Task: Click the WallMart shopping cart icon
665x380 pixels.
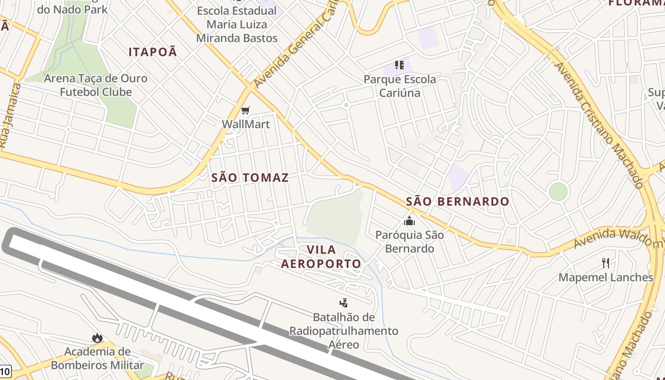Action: tap(245, 111)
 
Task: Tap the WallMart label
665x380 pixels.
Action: tap(246, 124)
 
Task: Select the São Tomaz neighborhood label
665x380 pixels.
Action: tap(250, 178)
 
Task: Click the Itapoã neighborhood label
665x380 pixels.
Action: tap(153, 52)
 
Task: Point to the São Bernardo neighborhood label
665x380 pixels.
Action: tap(457, 202)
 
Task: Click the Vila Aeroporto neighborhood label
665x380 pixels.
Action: tap(321, 256)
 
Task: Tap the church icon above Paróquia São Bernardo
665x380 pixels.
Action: tap(409, 221)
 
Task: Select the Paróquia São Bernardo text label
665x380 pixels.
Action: tap(409, 242)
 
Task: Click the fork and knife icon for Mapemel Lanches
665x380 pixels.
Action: tap(606, 263)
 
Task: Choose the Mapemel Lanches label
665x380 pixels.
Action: tap(606, 277)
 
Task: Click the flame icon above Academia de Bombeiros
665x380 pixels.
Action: tap(97, 338)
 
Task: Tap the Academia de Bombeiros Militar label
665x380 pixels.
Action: tap(97, 359)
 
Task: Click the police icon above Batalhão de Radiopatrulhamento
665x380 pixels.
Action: tap(343, 303)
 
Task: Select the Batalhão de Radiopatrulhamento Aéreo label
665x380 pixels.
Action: tap(344, 331)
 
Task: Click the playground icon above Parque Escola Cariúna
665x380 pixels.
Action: tap(399, 65)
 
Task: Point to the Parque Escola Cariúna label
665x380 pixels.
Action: tap(399, 86)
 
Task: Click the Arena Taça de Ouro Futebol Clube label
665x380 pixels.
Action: tap(95, 85)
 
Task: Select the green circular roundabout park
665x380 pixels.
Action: tap(558, 192)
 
